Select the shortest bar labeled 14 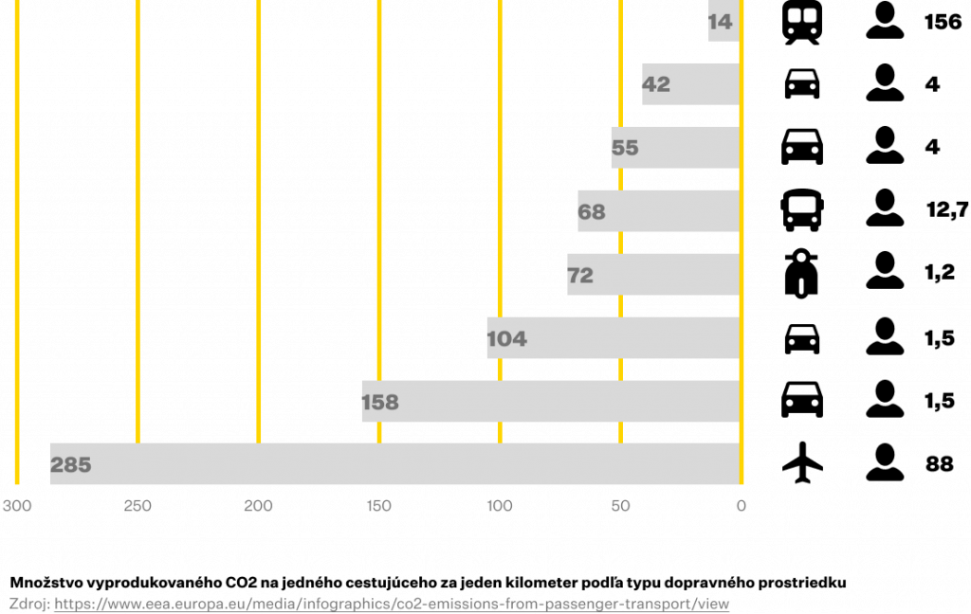coord(723,21)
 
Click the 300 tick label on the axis coord(17,506)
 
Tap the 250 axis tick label coord(137,506)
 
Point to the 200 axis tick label coord(258,506)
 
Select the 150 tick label coord(378,506)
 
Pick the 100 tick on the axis coord(500,506)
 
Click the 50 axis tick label coord(620,506)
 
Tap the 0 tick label coord(742,506)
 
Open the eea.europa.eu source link coord(392,604)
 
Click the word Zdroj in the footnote coord(28,604)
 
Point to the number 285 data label coord(71,465)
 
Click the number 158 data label coord(380,403)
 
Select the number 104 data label coord(506,339)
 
